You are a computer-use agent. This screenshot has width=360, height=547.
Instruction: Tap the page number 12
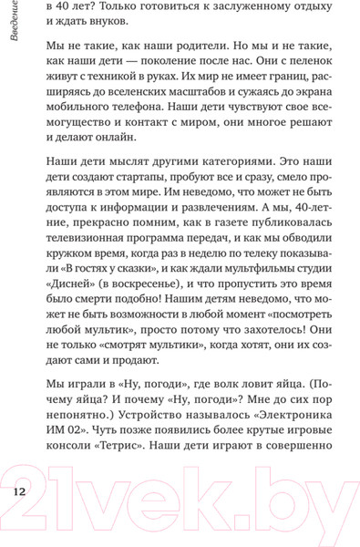pos(19,494)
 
